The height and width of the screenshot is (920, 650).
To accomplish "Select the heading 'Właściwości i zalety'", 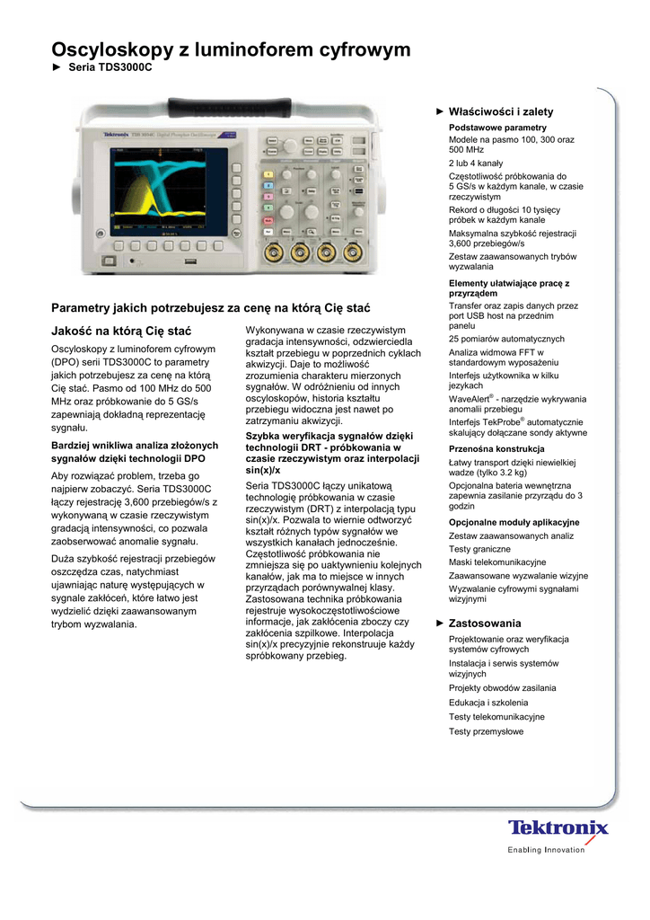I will [501, 111].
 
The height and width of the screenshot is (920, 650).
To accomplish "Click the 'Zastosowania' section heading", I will [485, 623].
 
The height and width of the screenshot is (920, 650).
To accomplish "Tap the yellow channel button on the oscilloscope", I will [267, 173].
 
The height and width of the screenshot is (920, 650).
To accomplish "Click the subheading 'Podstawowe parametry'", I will [497, 128].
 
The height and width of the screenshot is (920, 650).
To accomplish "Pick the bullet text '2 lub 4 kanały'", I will [476, 164].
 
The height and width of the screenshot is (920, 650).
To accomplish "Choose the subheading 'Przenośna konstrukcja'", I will [496, 448].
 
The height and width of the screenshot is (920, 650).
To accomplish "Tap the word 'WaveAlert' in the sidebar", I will [469, 399].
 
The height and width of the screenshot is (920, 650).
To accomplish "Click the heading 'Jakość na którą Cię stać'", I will [120, 332].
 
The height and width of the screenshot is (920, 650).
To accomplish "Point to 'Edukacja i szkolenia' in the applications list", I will [488, 703].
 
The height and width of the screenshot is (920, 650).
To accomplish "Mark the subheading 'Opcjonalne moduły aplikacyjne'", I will [514, 522].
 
